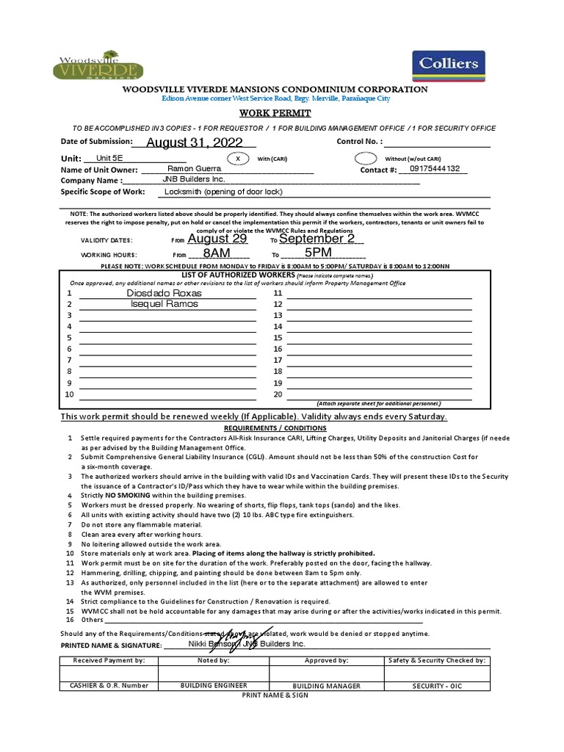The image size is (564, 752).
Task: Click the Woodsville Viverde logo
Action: (98, 65)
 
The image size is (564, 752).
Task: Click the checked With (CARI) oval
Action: (237, 158)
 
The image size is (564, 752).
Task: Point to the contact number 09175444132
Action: (435, 168)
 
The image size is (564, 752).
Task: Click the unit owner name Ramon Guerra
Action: (195, 169)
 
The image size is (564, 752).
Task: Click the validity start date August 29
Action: (218, 239)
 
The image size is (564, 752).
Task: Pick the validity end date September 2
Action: (317, 239)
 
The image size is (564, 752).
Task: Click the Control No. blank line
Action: (437, 142)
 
